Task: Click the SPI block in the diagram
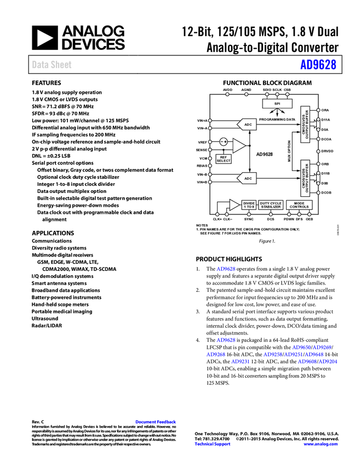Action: point(277,104)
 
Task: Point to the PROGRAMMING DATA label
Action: point(277,119)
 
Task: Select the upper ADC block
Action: point(248,124)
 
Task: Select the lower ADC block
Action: point(248,178)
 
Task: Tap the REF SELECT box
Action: point(224,159)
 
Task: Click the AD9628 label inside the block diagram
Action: point(265,154)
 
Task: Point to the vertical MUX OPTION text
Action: point(289,150)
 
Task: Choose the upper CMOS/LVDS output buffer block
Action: point(305,124)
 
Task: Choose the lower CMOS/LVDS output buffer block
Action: point(305,178)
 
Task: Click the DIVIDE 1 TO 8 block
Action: point(249,205)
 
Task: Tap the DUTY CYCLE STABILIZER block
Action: point(271,205)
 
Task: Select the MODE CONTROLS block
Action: point(299,205)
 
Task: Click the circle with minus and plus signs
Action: point(224,142)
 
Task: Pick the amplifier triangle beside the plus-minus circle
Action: point(239,145)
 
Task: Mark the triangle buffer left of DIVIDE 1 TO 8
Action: point(234,205)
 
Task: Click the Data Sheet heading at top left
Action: point(52,65)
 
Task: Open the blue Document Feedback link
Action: point(156,422)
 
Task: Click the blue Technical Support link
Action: point(213,444)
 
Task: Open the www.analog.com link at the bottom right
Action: point(321,444)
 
